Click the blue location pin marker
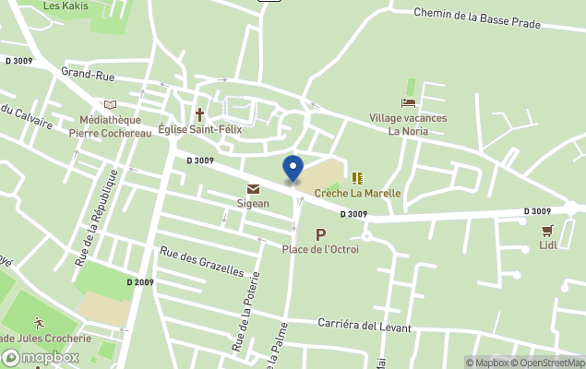tap(293, 169)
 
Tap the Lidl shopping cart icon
tap(548, 231)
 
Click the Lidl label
tap(548, 245)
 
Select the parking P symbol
tap(321, 234)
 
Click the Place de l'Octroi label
tap(320, 249)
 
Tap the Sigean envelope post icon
tap(253, 189)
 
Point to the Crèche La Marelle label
tap(357, 194)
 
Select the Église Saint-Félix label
tap(199, 130)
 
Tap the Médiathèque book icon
tap(111, 105)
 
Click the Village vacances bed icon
tap(408, 103)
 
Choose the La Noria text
tap(408, 131)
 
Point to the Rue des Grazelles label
tap(202, 261)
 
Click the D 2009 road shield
tap(141, 281)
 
